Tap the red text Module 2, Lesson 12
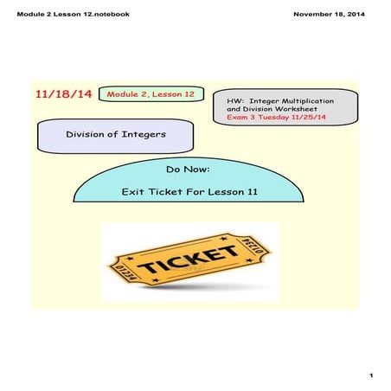(x=146, y=93)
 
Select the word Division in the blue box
(x=89, y=134)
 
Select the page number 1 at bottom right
(x=369, y=375)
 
